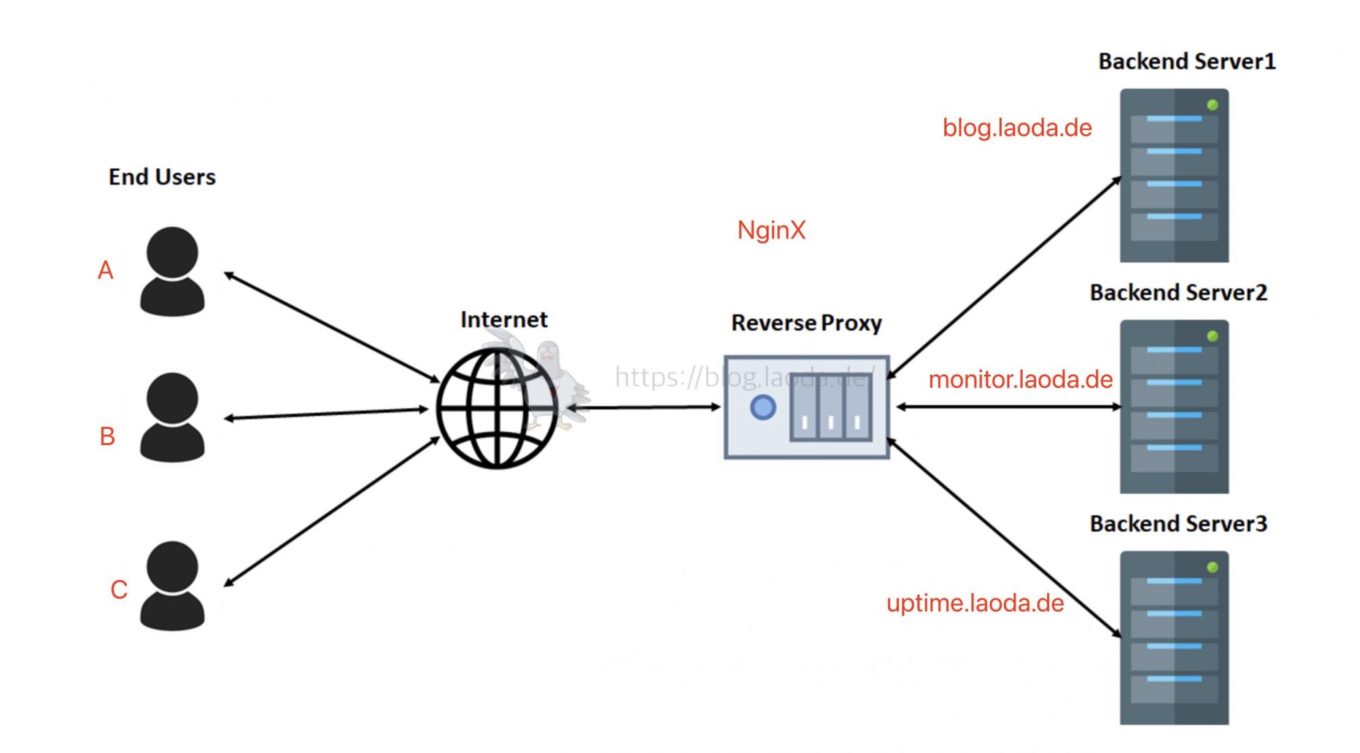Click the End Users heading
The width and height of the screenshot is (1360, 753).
coord(162,177)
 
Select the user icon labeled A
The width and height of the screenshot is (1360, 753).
coord(172,271)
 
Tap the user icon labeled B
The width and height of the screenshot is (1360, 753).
coord(172,417)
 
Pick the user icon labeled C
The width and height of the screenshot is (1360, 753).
coord(172,586)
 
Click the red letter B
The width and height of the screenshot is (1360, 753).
coord(107,437)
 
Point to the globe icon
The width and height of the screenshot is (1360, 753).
coord(497,409)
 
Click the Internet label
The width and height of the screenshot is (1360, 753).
coord(504,319)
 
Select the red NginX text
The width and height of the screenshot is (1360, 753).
coord(771,230)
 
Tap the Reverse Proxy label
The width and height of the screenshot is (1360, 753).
coord(806,323)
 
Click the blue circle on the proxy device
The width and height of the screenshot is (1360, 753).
coord(763,407)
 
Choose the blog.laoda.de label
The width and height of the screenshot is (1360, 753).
coord(1017,128)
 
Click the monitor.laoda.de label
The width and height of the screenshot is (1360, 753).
coord(1021,380)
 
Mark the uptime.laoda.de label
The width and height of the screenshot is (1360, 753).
coord(975,603)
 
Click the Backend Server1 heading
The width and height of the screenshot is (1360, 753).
coord(1187,61)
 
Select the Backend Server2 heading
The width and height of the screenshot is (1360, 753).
coord(1178,292)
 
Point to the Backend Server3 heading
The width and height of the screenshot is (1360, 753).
coord(1178,523)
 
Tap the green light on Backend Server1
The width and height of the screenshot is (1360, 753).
coord(1213,105)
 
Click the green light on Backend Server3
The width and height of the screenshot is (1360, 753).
coord(1213,567)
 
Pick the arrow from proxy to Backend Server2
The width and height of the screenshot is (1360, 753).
coord(1008,407)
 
